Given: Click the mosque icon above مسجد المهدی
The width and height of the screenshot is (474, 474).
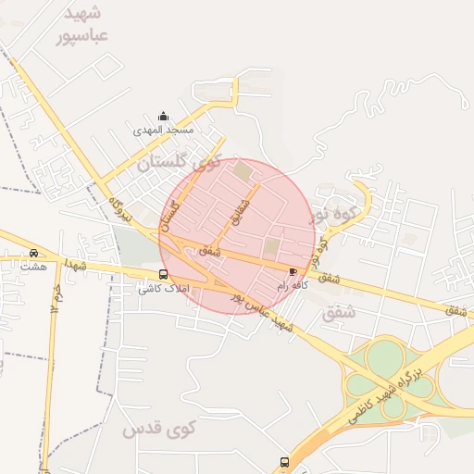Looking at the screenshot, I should (x=164, y=116).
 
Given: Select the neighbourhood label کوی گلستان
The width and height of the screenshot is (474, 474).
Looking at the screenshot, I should (x=182, y=164).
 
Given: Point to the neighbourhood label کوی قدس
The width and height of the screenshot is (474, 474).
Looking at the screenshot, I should (x=160, y=430).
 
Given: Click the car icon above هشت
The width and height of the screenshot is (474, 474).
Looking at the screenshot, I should (x=33, y=253).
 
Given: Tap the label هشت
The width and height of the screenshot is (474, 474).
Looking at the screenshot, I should (x=33, y=267).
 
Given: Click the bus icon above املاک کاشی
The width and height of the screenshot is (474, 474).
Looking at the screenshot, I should (x=164, y=274).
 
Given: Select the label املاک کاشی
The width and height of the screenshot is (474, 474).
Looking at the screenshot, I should (x=163, y=289).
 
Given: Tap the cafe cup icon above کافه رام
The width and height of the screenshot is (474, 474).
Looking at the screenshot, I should (x=293, y=271).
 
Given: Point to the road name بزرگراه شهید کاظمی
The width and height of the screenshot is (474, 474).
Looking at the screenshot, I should (x=390, y=394).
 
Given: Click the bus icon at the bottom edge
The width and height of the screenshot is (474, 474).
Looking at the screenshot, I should (x=284, y=461).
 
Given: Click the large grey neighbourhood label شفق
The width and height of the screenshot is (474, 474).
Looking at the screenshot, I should (x=340, y=314).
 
